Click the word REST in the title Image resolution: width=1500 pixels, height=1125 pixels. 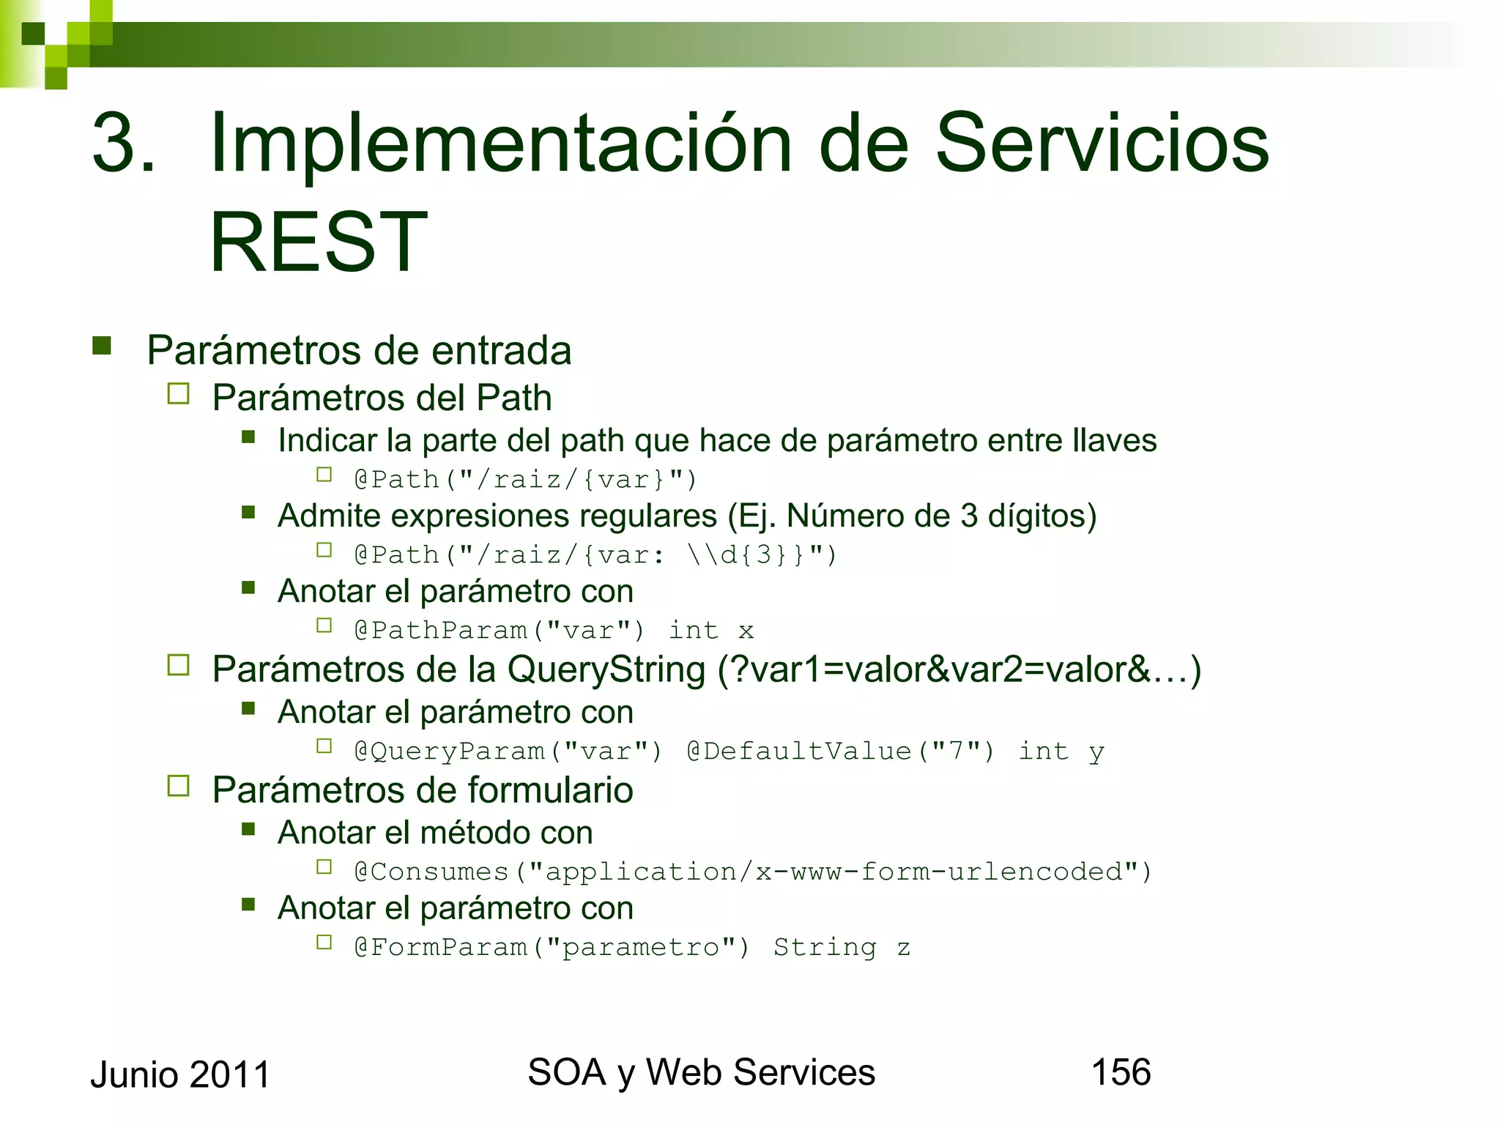pos(319,242)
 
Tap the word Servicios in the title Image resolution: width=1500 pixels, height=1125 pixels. pos(1102,144)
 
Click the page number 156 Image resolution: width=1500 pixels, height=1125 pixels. pos(1121,1072)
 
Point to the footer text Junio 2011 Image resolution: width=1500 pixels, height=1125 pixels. pos(180,1075)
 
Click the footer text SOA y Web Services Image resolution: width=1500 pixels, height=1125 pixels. pos(701,1072)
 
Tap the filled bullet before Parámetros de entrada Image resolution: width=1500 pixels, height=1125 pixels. pos(102,346)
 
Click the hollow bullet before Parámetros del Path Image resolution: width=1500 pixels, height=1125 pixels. pos(178,394)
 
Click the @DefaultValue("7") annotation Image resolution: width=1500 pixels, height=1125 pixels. pos(841,751)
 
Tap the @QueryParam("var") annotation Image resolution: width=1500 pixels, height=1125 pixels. pos(508,751)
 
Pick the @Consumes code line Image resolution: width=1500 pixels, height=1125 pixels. pos(753,872)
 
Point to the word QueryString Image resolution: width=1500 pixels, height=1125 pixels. pos(606,669)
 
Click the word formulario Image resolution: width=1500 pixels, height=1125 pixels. pos(550,790)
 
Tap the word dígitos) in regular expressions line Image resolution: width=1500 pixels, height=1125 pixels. pos(1042,516)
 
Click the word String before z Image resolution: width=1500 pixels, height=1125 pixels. pos(825,947)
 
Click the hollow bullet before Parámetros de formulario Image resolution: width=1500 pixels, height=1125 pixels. pos(178,786)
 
